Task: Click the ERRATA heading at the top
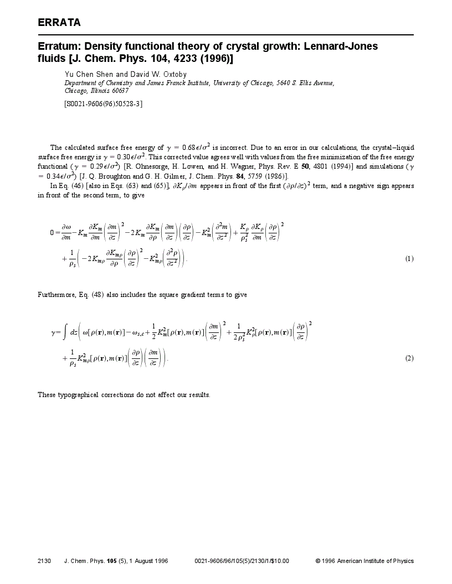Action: (x=59, y=23)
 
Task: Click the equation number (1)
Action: (x=409, y=258)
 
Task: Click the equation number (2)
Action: (x=409, y=358)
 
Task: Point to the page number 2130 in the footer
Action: (x=44, y=561)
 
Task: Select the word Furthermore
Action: (x=55, y=295)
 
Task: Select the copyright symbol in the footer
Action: (x=318, y=561)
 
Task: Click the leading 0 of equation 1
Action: (x=52, y=233)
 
